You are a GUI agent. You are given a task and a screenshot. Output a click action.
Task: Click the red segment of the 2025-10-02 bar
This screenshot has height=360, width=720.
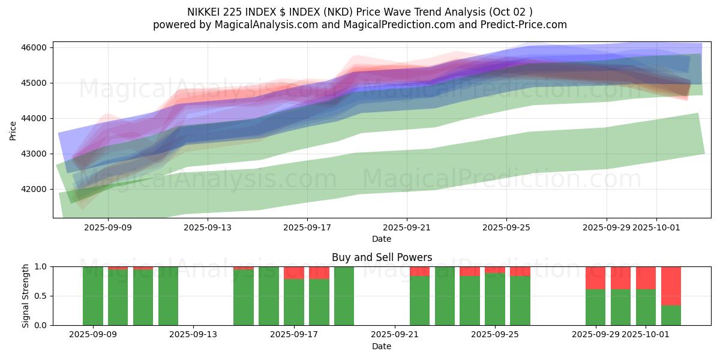671,286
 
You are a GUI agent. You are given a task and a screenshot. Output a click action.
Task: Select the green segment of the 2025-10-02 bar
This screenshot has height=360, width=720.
671,316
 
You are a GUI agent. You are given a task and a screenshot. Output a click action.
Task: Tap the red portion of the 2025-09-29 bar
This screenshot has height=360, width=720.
595,278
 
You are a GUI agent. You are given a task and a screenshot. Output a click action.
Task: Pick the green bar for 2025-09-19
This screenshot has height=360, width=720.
344,296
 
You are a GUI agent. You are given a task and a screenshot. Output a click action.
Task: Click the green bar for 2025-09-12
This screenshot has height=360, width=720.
168,296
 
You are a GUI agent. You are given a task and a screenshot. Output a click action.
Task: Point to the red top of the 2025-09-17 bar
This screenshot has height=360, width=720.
293,272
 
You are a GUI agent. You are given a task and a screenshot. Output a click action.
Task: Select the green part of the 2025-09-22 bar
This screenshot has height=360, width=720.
419,301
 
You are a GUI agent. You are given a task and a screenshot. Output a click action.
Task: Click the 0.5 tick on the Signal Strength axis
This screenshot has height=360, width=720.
40,296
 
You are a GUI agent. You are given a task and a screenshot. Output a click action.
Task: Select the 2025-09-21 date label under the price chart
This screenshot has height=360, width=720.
407,227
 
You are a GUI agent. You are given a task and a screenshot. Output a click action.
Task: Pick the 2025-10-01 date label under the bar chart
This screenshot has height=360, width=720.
646,334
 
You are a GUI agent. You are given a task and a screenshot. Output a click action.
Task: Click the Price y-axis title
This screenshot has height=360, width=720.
13,130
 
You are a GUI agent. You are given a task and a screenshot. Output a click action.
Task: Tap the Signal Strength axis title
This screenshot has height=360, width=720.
25,296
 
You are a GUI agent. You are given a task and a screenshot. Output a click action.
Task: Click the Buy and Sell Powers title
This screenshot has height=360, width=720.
382,257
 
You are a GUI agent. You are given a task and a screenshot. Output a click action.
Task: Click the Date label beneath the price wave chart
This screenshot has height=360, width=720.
382,239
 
